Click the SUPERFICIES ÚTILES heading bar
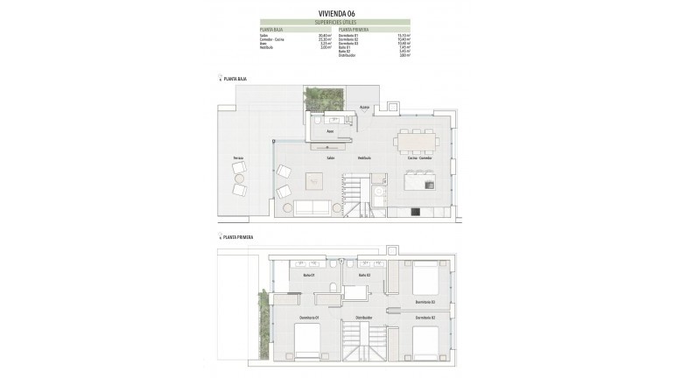click(337, 21)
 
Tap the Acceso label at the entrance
click(365, 108)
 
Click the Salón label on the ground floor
click(331, 158)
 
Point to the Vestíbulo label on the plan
click(364, 158)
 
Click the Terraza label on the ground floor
click(238, 158)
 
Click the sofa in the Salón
click(312, 207)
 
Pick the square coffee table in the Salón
click(314, 181)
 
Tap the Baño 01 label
click(308, 276)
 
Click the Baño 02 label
click(364, 276)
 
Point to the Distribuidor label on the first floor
click(364, 317)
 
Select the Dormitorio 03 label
click(425, 302)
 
